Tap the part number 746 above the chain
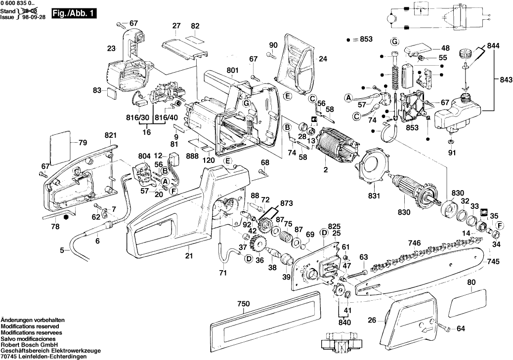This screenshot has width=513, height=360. click(414, 243)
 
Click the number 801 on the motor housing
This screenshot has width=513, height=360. click(232, 70)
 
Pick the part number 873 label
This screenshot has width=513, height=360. click(286, 203)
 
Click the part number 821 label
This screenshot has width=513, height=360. click(110, 135)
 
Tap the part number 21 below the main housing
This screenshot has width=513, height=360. click(189, 256)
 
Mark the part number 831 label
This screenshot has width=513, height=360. click(374, 196)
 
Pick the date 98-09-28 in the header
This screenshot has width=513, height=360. click(34, 16)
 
